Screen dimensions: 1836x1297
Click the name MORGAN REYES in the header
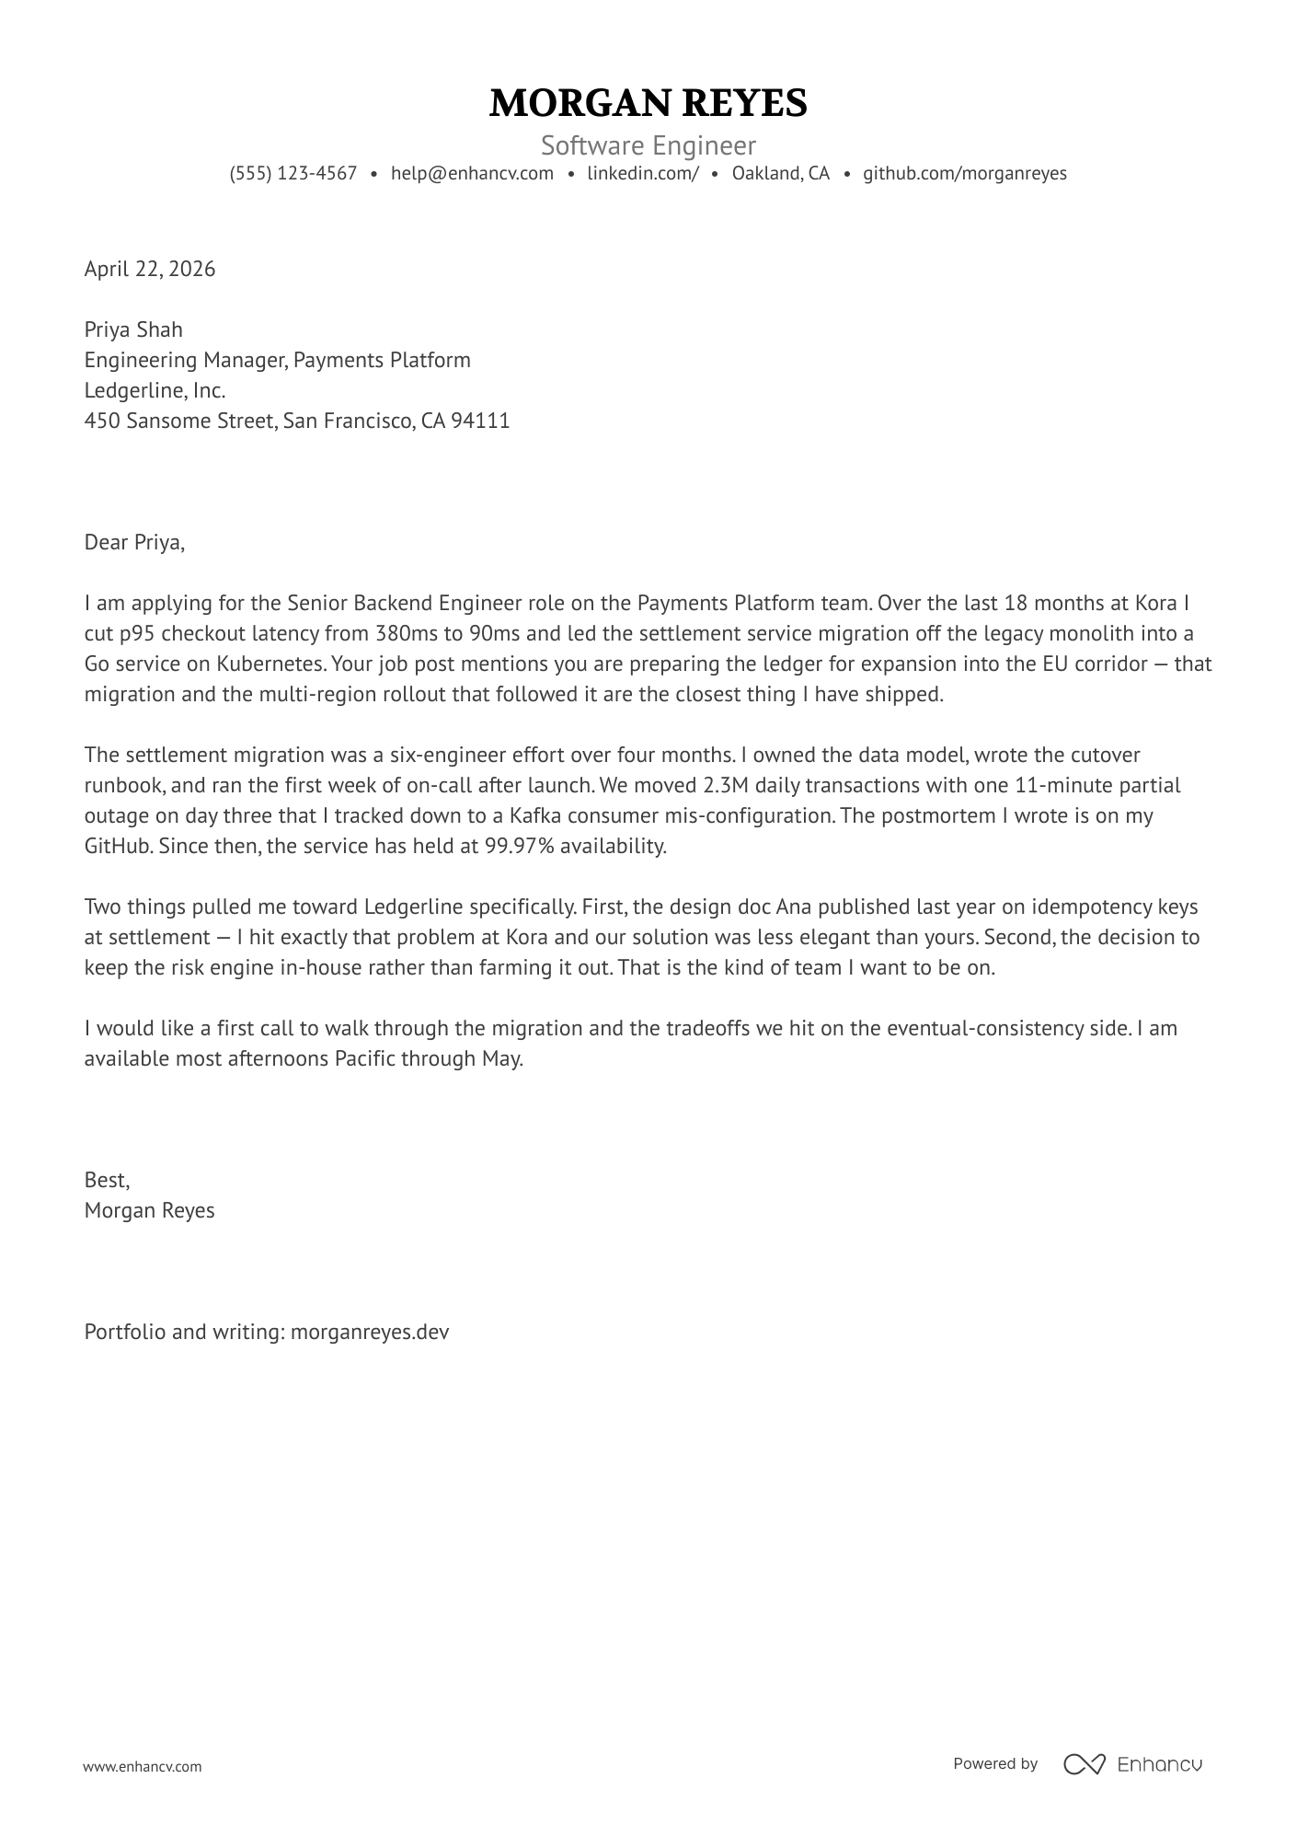click(x=648, y=103)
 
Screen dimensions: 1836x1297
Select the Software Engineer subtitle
click(x=648, y=145)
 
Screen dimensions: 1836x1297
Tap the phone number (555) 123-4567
click(x=293, y=173)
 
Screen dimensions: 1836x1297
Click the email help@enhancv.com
click(x=472, y=173)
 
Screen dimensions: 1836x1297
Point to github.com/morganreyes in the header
click(x=964, y=173)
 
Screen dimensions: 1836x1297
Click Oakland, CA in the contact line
click(x=780, y=173)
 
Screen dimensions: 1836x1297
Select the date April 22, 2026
click(x=150, y=269)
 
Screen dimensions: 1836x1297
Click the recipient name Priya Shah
click(x=133, y=329)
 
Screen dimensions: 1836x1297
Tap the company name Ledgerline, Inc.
click(x=155, y=390)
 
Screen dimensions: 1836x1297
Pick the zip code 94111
click(x=480, y=421)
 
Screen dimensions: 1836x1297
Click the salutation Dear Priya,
click(x=134, y=542)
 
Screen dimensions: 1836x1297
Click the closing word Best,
click(x=107, y=1180)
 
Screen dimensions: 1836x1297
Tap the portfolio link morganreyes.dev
click(x=370, y=1332)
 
